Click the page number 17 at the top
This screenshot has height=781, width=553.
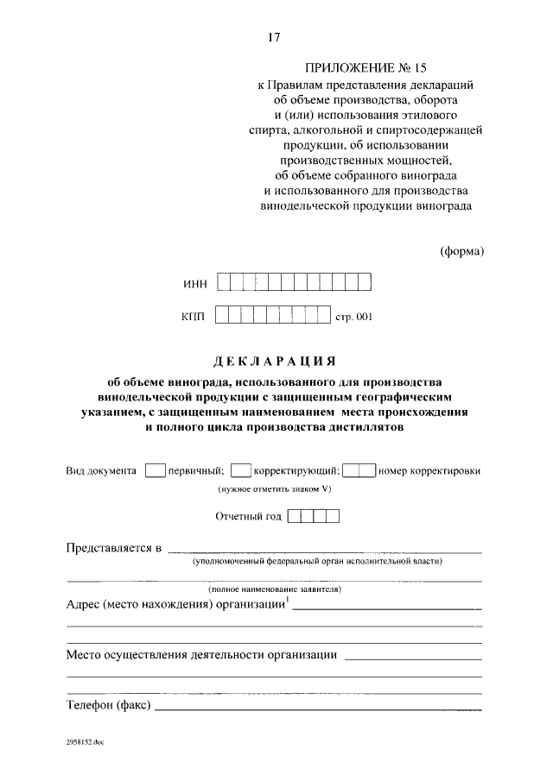[x=274, y=37]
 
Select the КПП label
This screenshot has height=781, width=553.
[x=194, y=317]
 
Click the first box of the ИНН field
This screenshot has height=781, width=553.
[x=225, y=282]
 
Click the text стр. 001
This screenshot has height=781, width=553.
[x=353, y=317]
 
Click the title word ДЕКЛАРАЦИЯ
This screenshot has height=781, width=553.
[x=276, y=360]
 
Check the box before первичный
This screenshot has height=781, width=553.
[x=156, y=470]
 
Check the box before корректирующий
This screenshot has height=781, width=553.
[x=241, y=470]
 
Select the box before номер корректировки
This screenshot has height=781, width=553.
[x=359, y=470]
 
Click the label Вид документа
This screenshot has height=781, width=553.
[x=101, y=471]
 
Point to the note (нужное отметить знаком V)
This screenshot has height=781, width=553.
[x=274, y=489]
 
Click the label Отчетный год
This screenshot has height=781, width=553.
[x=248, y=517]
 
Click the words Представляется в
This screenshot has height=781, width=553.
[x=114, y=548]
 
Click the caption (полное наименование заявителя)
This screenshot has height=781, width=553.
[x=275, y=589]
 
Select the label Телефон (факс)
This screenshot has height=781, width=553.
[x=109, y=705]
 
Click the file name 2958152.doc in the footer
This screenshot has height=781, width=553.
[x=84, y=741]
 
